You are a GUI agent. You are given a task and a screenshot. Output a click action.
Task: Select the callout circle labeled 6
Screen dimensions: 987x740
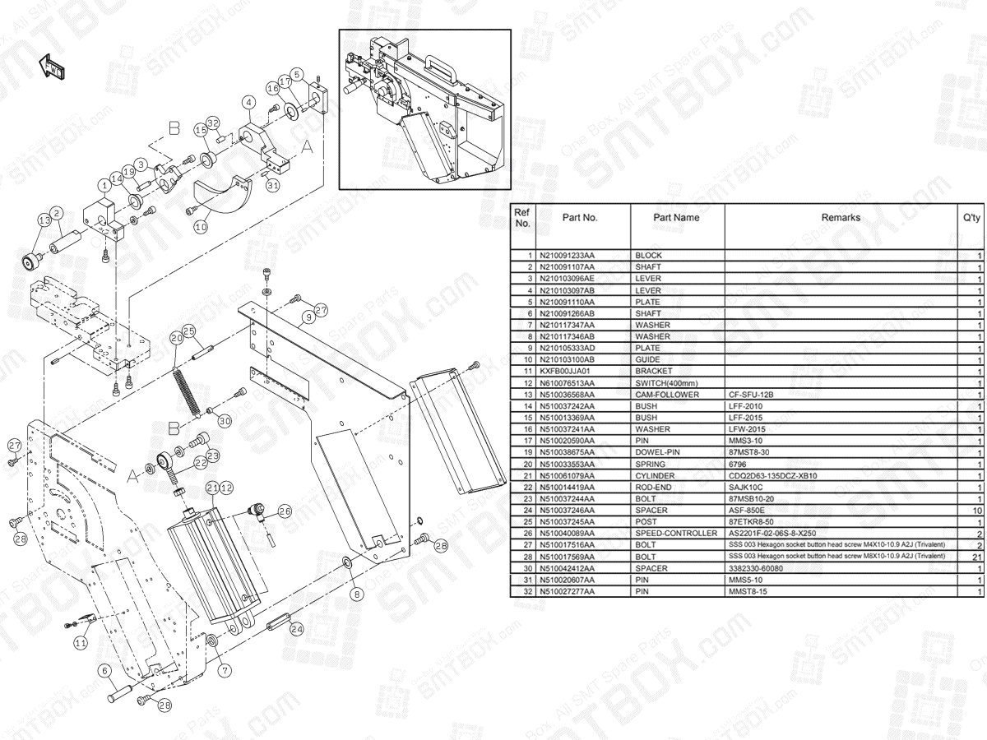[104, 671]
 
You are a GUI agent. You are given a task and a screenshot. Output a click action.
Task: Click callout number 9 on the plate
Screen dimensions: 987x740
[306, 317]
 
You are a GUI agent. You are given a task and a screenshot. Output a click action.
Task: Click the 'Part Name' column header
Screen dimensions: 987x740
[676, 219]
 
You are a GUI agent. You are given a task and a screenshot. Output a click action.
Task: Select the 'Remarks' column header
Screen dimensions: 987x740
[841, 219]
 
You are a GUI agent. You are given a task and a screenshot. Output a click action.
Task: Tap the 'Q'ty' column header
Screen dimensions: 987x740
[971, 219]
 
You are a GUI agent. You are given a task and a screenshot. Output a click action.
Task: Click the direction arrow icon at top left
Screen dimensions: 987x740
[53, 67]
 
